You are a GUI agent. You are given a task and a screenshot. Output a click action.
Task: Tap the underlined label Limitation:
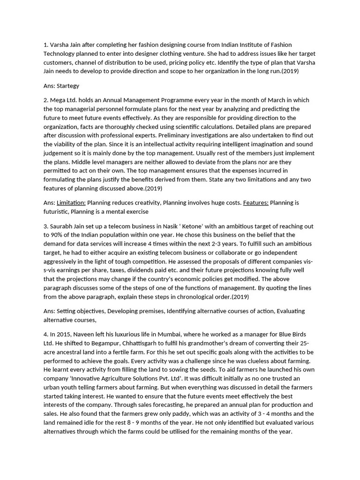point(71,202)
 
